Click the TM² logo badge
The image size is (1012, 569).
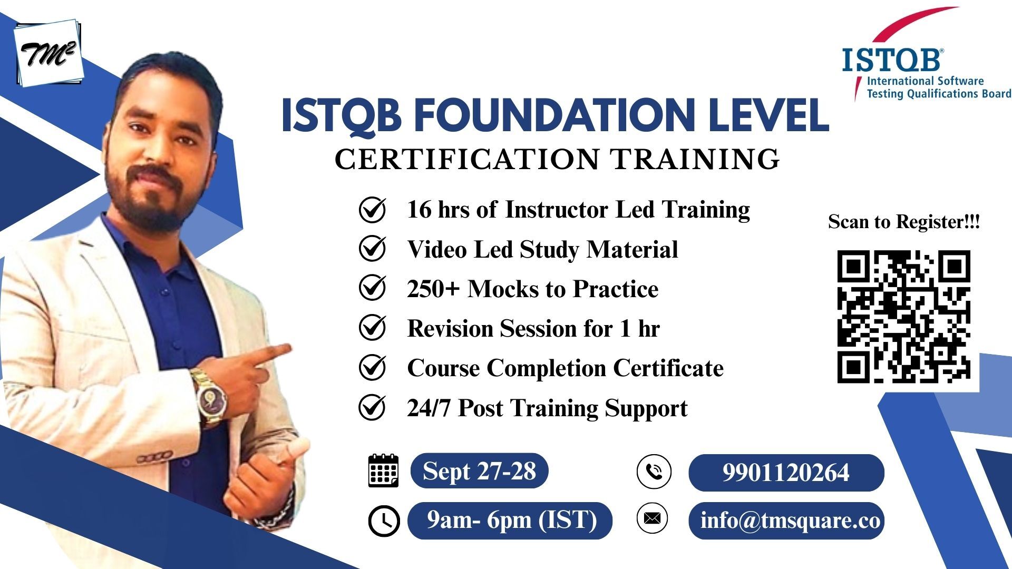pyautogui.click(x=48, y=53)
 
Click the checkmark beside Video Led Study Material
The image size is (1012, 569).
pyautogui.click(x=372, y=248)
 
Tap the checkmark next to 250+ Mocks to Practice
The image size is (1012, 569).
pyautogui.click(x=372, y=288)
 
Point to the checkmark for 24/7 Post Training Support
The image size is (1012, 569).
pyautogui.click(x=372, y=407)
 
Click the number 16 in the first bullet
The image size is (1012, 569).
pyautogui.click(x=419, y=209)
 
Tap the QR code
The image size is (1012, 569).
pyautogui.click(x=903, y=316)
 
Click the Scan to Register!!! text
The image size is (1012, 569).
pyautogui.click(x=903, y=221)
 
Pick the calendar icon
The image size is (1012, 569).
pyautogui.click(x=383, y=470)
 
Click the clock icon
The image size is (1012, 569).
pyautogui.click(x=384, y=521)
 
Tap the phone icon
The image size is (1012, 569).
pyautogui.click(x=654, y=471)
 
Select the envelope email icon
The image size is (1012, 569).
pyautogui.click(x=652, y=518)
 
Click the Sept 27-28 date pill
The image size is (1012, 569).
pyautogui.click(x=479, y=470)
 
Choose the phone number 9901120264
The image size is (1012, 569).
pyautogui.click(x=786, y=473)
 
